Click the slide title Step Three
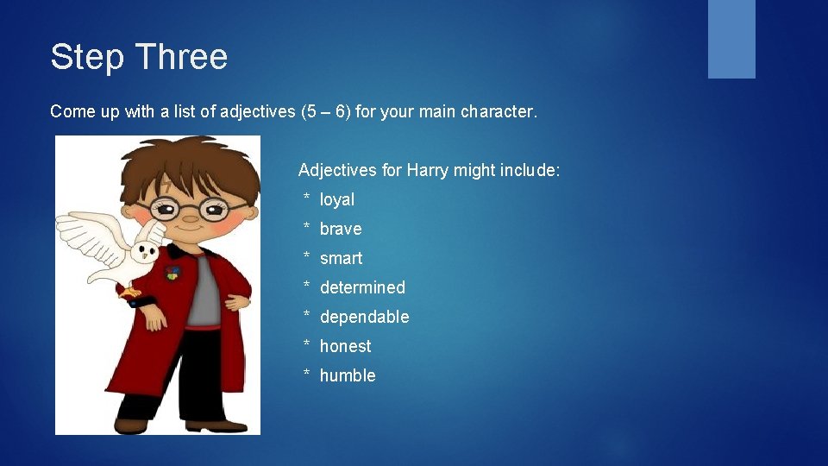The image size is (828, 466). (139, 57)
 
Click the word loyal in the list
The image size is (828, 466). (336, 199)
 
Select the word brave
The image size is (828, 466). (341, 229)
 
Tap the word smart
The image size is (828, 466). (341, 258)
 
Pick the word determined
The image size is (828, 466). (362, 287)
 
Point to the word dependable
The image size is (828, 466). (364, 317)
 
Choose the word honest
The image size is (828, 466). (345, 346)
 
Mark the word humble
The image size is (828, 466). (348, 375)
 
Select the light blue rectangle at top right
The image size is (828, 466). (731, 39)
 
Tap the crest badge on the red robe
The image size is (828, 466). (173, 273)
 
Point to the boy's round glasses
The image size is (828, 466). (188, 208)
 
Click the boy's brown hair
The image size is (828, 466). (190, 164)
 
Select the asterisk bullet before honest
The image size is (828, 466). (306, 346)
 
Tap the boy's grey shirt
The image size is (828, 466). (205, 289)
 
